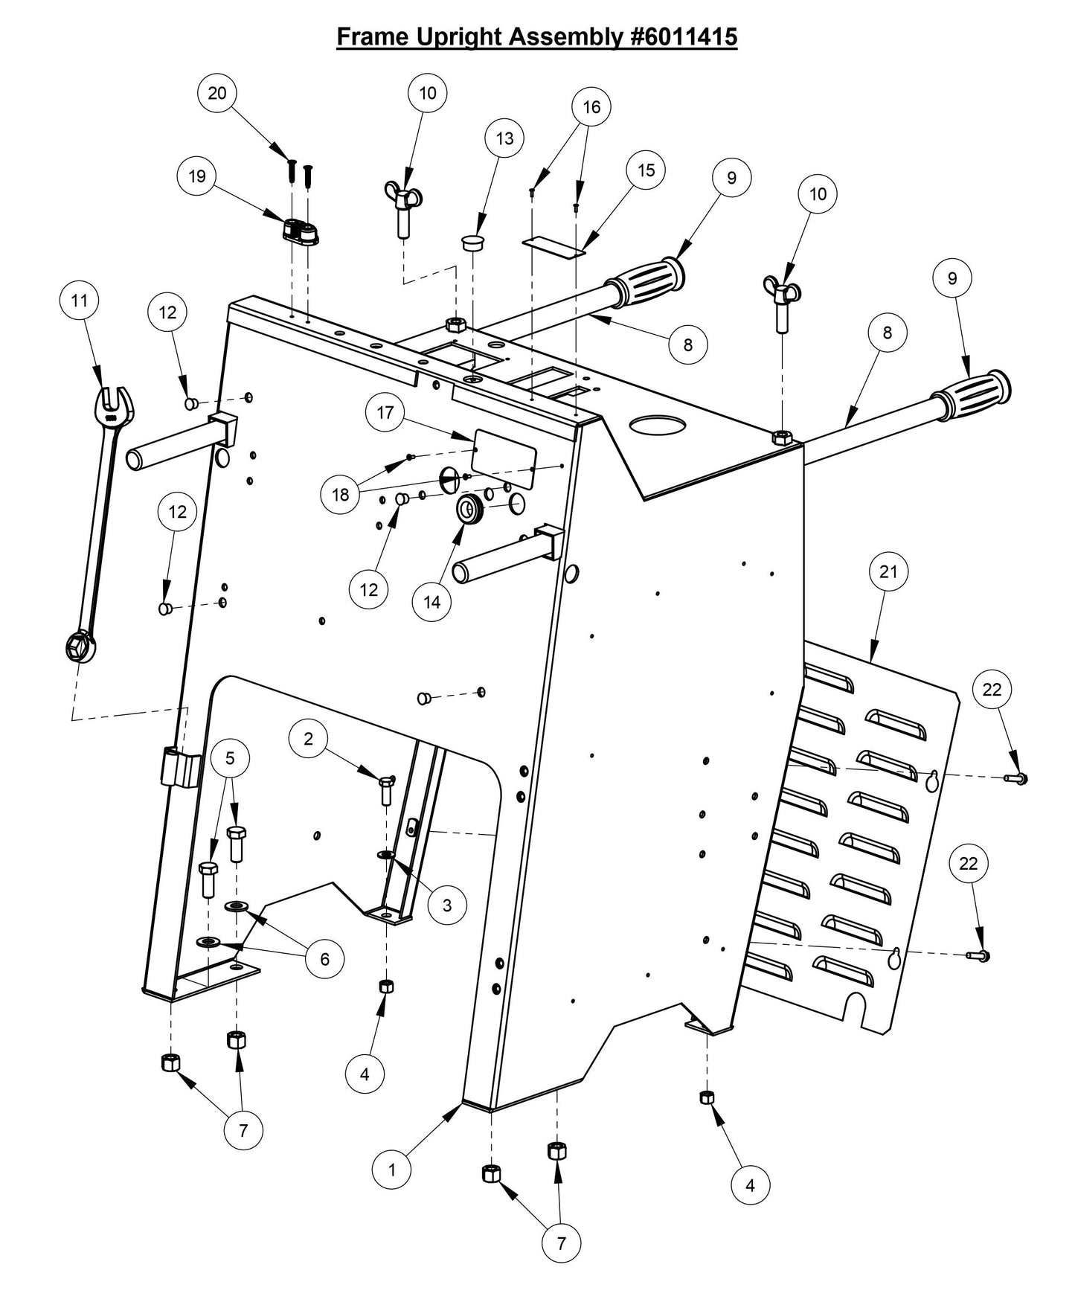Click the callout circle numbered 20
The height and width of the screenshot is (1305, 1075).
217,94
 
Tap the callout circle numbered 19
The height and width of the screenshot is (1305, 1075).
197,177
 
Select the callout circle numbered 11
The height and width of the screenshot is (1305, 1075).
80,301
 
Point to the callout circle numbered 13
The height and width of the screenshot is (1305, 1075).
504,138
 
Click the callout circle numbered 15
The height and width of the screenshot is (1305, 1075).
646,170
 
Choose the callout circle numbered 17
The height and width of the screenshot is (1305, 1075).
385,413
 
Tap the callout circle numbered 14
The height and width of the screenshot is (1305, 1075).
432,602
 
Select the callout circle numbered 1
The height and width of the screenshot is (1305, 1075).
392,1170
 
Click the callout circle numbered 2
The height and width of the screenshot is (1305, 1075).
309,738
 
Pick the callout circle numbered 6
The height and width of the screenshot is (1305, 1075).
324,959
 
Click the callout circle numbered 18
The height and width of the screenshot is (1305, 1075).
340,495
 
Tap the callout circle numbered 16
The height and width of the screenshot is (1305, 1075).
591,107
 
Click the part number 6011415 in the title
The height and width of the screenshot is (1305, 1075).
684,36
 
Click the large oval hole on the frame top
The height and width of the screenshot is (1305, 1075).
658,426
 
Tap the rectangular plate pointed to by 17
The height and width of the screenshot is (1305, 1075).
505,458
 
